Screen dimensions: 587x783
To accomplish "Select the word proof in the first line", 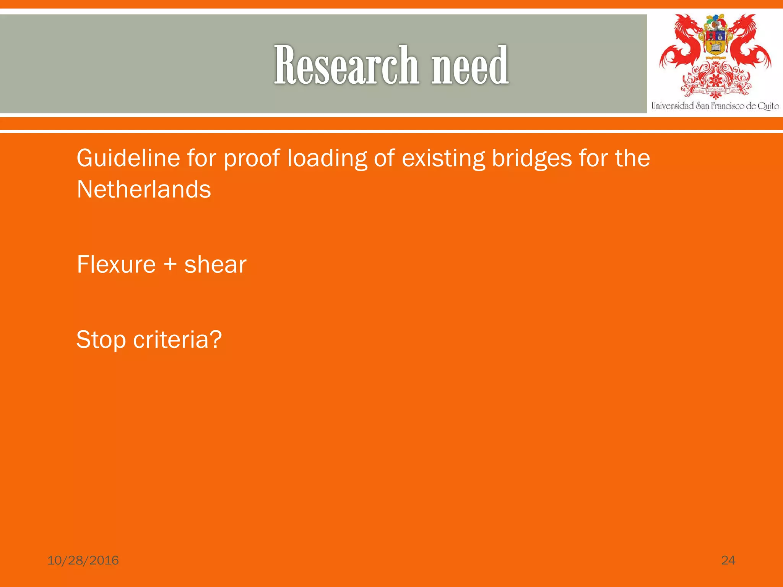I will click(252, 159).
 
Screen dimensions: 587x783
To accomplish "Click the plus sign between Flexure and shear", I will click(170, 265).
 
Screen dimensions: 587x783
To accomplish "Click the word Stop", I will click(101, 340).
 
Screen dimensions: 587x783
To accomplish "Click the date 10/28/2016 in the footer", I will click(83, 560).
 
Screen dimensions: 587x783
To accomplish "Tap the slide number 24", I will click(728, 560).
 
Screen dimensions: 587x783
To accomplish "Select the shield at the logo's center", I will click(715, 42).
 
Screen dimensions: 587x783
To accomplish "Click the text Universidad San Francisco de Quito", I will click(715, 106).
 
